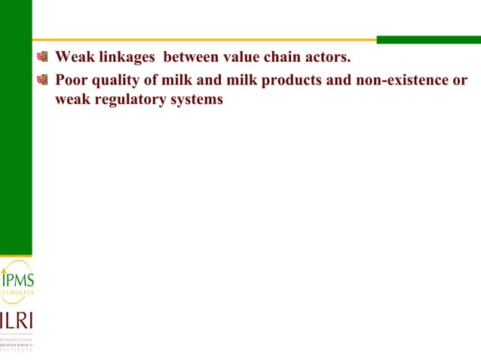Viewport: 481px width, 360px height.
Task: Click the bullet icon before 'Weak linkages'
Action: pos(44,56)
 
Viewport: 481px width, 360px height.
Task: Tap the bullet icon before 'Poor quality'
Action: pos(44,80)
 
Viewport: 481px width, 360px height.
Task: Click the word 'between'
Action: pos(192,56)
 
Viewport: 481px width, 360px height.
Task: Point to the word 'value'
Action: pos(244,56)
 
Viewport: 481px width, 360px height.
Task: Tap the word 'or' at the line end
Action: pos(460,80)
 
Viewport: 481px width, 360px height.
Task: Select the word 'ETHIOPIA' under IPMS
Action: pos(16,293)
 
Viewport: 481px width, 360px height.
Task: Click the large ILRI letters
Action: pos(16,320)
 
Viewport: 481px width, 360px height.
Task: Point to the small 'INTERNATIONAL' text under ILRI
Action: pos(16,340)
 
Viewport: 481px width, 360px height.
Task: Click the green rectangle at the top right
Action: pos(428,40)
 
